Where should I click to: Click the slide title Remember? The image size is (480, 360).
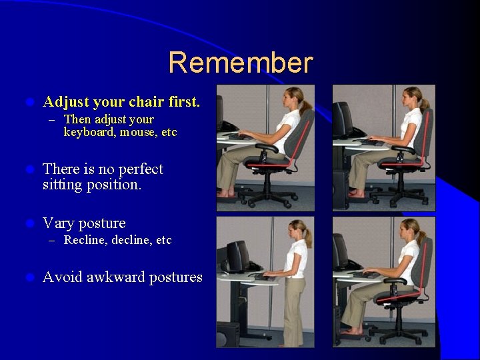pos(240,63)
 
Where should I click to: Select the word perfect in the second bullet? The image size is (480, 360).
pos(138,169)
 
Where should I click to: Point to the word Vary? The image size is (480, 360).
pos(58,223)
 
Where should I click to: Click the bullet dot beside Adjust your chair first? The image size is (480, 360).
pos(28,103)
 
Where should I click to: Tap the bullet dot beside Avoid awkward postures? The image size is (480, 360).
pos(28,277)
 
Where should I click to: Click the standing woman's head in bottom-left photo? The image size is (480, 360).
pos(296,230)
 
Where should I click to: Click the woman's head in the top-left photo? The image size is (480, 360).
pos(293,97)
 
